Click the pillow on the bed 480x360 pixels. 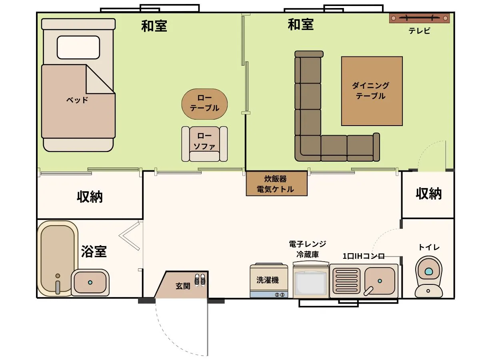tap(78, 48)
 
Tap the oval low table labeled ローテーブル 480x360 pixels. tap(204, 104)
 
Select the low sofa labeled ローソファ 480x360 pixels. tap(204, 144)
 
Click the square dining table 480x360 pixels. tap(372, 91)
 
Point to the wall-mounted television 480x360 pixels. tap(419, 18)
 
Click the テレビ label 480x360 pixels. tap(419, 31)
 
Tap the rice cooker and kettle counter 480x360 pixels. tap(277, 183)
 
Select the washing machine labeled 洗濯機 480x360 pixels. tap(269, 280)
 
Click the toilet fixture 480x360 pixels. tap(429, 277)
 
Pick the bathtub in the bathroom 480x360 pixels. tap(58, 258)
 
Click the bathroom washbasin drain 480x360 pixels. tap(90, 282)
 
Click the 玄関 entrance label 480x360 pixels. tap(183, 286)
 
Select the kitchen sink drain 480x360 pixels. tap(380, 281)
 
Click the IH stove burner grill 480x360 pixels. tap(346, 281)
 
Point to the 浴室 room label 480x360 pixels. tap(94, 251)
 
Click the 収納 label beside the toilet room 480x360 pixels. tap(429, 194)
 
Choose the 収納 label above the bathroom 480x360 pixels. tap(90, 197)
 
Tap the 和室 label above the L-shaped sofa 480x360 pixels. tap(301, 24)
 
